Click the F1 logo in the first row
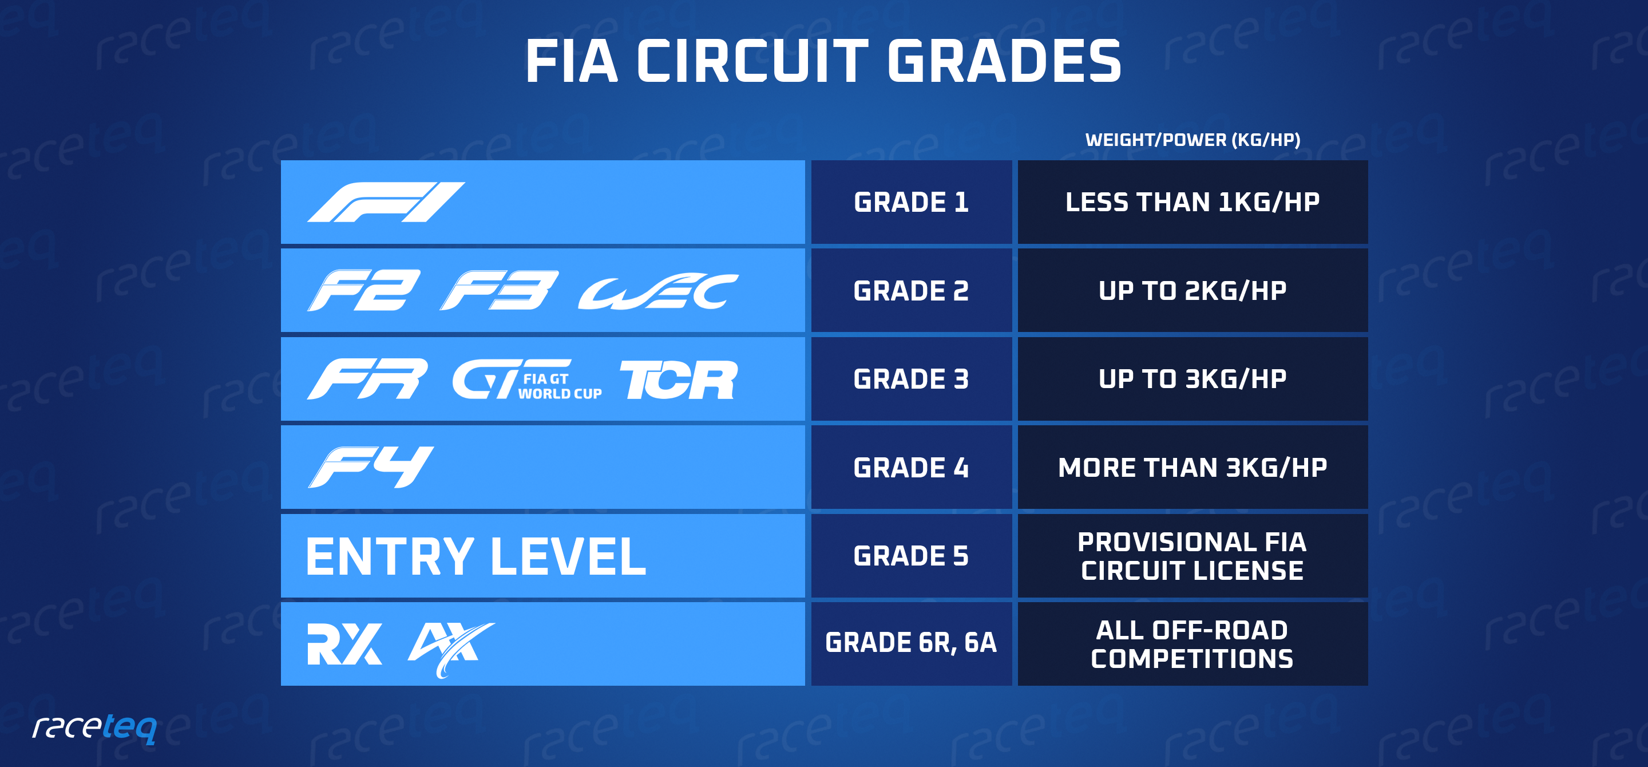click(x=386, y=202)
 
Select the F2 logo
click(x=364, y=290)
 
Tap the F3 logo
click(x=499, y=290)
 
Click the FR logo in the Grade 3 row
click(x=367, y=379)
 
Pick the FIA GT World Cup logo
click(x=526, y=380)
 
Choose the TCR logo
click(x=678, y=379)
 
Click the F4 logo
click(x=370, y=467)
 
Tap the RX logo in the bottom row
click(x=344, y=643)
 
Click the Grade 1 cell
click(x=911, y=202)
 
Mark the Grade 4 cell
click(x=911, y=468)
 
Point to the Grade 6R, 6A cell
click(x=911, y=643)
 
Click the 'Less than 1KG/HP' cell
click(x=1193, y=202)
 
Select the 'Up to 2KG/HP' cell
click(x=1193, y=290)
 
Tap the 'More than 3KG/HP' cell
click(x=1193, y=468)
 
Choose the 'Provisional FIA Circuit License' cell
click(x=1193, y=556)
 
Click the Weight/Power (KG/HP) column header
click(x=1193, y=140)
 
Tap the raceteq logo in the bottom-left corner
click(x=94, y=728)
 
